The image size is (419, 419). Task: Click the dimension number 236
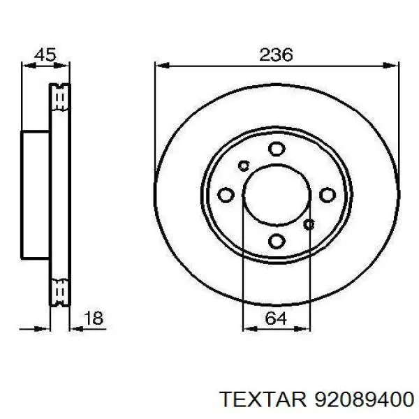pyautogui.click(x=276, y=54)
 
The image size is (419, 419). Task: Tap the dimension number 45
pyautogui.click(x=45, y=54)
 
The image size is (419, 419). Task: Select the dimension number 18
pyautogui.click(x=94, y=318)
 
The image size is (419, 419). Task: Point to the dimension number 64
pyautogui.click(x=276, y=318)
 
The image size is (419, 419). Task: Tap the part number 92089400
pyautogui.click(x=365, y=400)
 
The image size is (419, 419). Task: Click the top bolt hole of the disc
pyautogui.click(x=277, y=149)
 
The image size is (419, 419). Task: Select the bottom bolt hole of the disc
pyautogui.click(x=277, y=241)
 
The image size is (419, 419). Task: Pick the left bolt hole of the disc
pyautogui.click(x=226, y=195)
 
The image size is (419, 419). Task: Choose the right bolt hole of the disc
pyautogui.click(x=328, y=195)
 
